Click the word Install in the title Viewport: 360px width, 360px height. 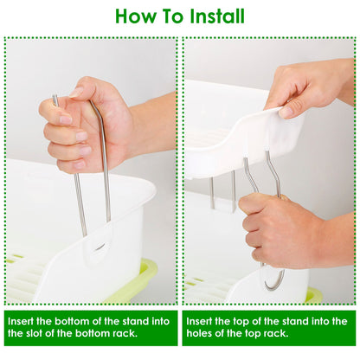pos(217,16)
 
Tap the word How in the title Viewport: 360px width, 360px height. pos(135,16)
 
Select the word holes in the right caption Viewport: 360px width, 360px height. pos(199,333)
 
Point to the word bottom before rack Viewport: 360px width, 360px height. pos(92,333)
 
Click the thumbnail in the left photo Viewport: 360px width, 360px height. pos(76,92)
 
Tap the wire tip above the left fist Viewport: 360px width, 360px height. pos(55,97)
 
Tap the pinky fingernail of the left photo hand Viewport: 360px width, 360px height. pos(80,164)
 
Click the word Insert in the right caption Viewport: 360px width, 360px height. pos(199,321)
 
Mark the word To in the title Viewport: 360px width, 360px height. pos(173,16)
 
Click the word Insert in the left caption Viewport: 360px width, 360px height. pos(21,321)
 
